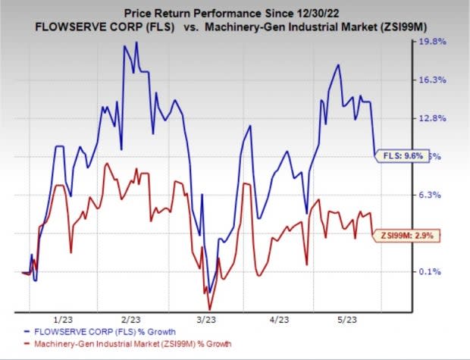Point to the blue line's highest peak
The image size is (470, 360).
point(136,42)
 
